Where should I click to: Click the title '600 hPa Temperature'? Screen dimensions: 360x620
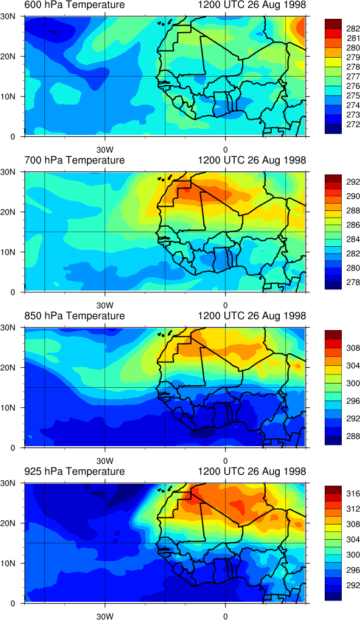(x=74, y=5)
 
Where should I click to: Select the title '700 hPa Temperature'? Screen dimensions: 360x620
(x=74, y=160)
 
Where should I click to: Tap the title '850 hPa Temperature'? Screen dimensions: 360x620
(x=74, y=316)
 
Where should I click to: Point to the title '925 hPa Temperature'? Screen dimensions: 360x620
(x=74, y=471)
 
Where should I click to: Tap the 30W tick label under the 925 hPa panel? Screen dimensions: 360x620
(x=105, y=616)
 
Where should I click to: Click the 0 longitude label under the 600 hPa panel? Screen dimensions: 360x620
(x=225, y=150)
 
